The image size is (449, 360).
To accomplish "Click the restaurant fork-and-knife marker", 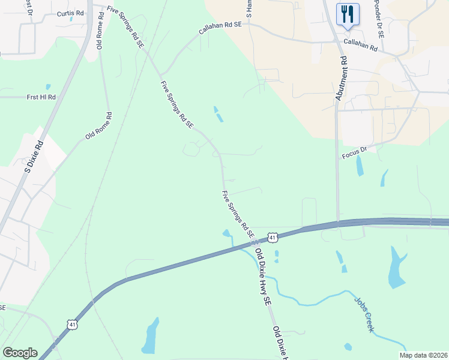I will (x=348, y=14).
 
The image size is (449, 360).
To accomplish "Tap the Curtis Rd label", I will (x=71, y=13).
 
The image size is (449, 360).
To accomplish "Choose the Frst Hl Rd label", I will (x=41, y=97).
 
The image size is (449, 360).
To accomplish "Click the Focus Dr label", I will (x=354, y=154).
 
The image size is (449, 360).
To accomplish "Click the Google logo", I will (x=20, y=353).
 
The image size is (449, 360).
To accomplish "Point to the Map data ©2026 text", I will (x=423, y=355).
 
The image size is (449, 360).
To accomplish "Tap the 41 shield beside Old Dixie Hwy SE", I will (x=273, y=238).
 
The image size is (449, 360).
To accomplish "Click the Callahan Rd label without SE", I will (x=360, y=45).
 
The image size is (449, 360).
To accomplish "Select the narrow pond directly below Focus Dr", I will (x=360, y=166).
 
